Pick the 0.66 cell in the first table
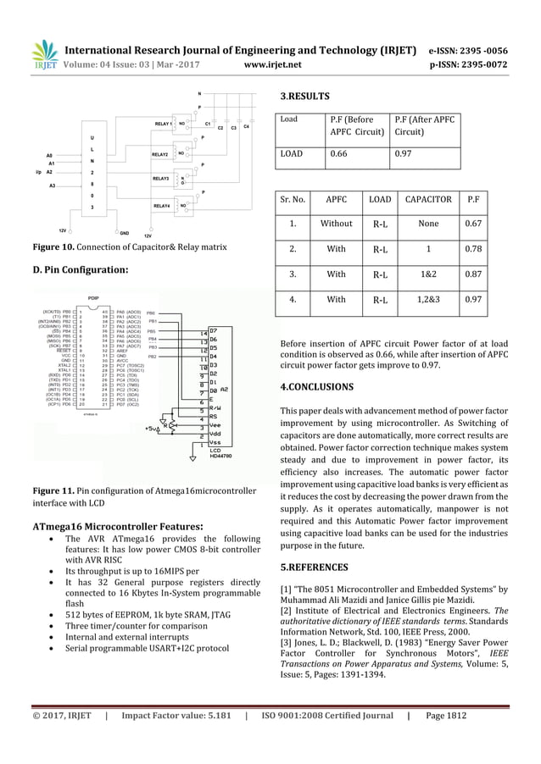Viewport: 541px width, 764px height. pyautogui.click(x=340, y=154)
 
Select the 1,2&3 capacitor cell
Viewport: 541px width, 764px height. pyautogui.click(x=427, y=299)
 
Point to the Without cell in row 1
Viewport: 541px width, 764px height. pyautogui.click(x=336, y=224)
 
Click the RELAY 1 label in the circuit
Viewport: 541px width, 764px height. pyautogui.click(x=164, y=124)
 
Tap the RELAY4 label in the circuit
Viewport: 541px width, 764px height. pyautogui.click(x=161, y=205)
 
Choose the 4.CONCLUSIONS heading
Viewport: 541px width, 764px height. pyautogui.click(x=316, y=386)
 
